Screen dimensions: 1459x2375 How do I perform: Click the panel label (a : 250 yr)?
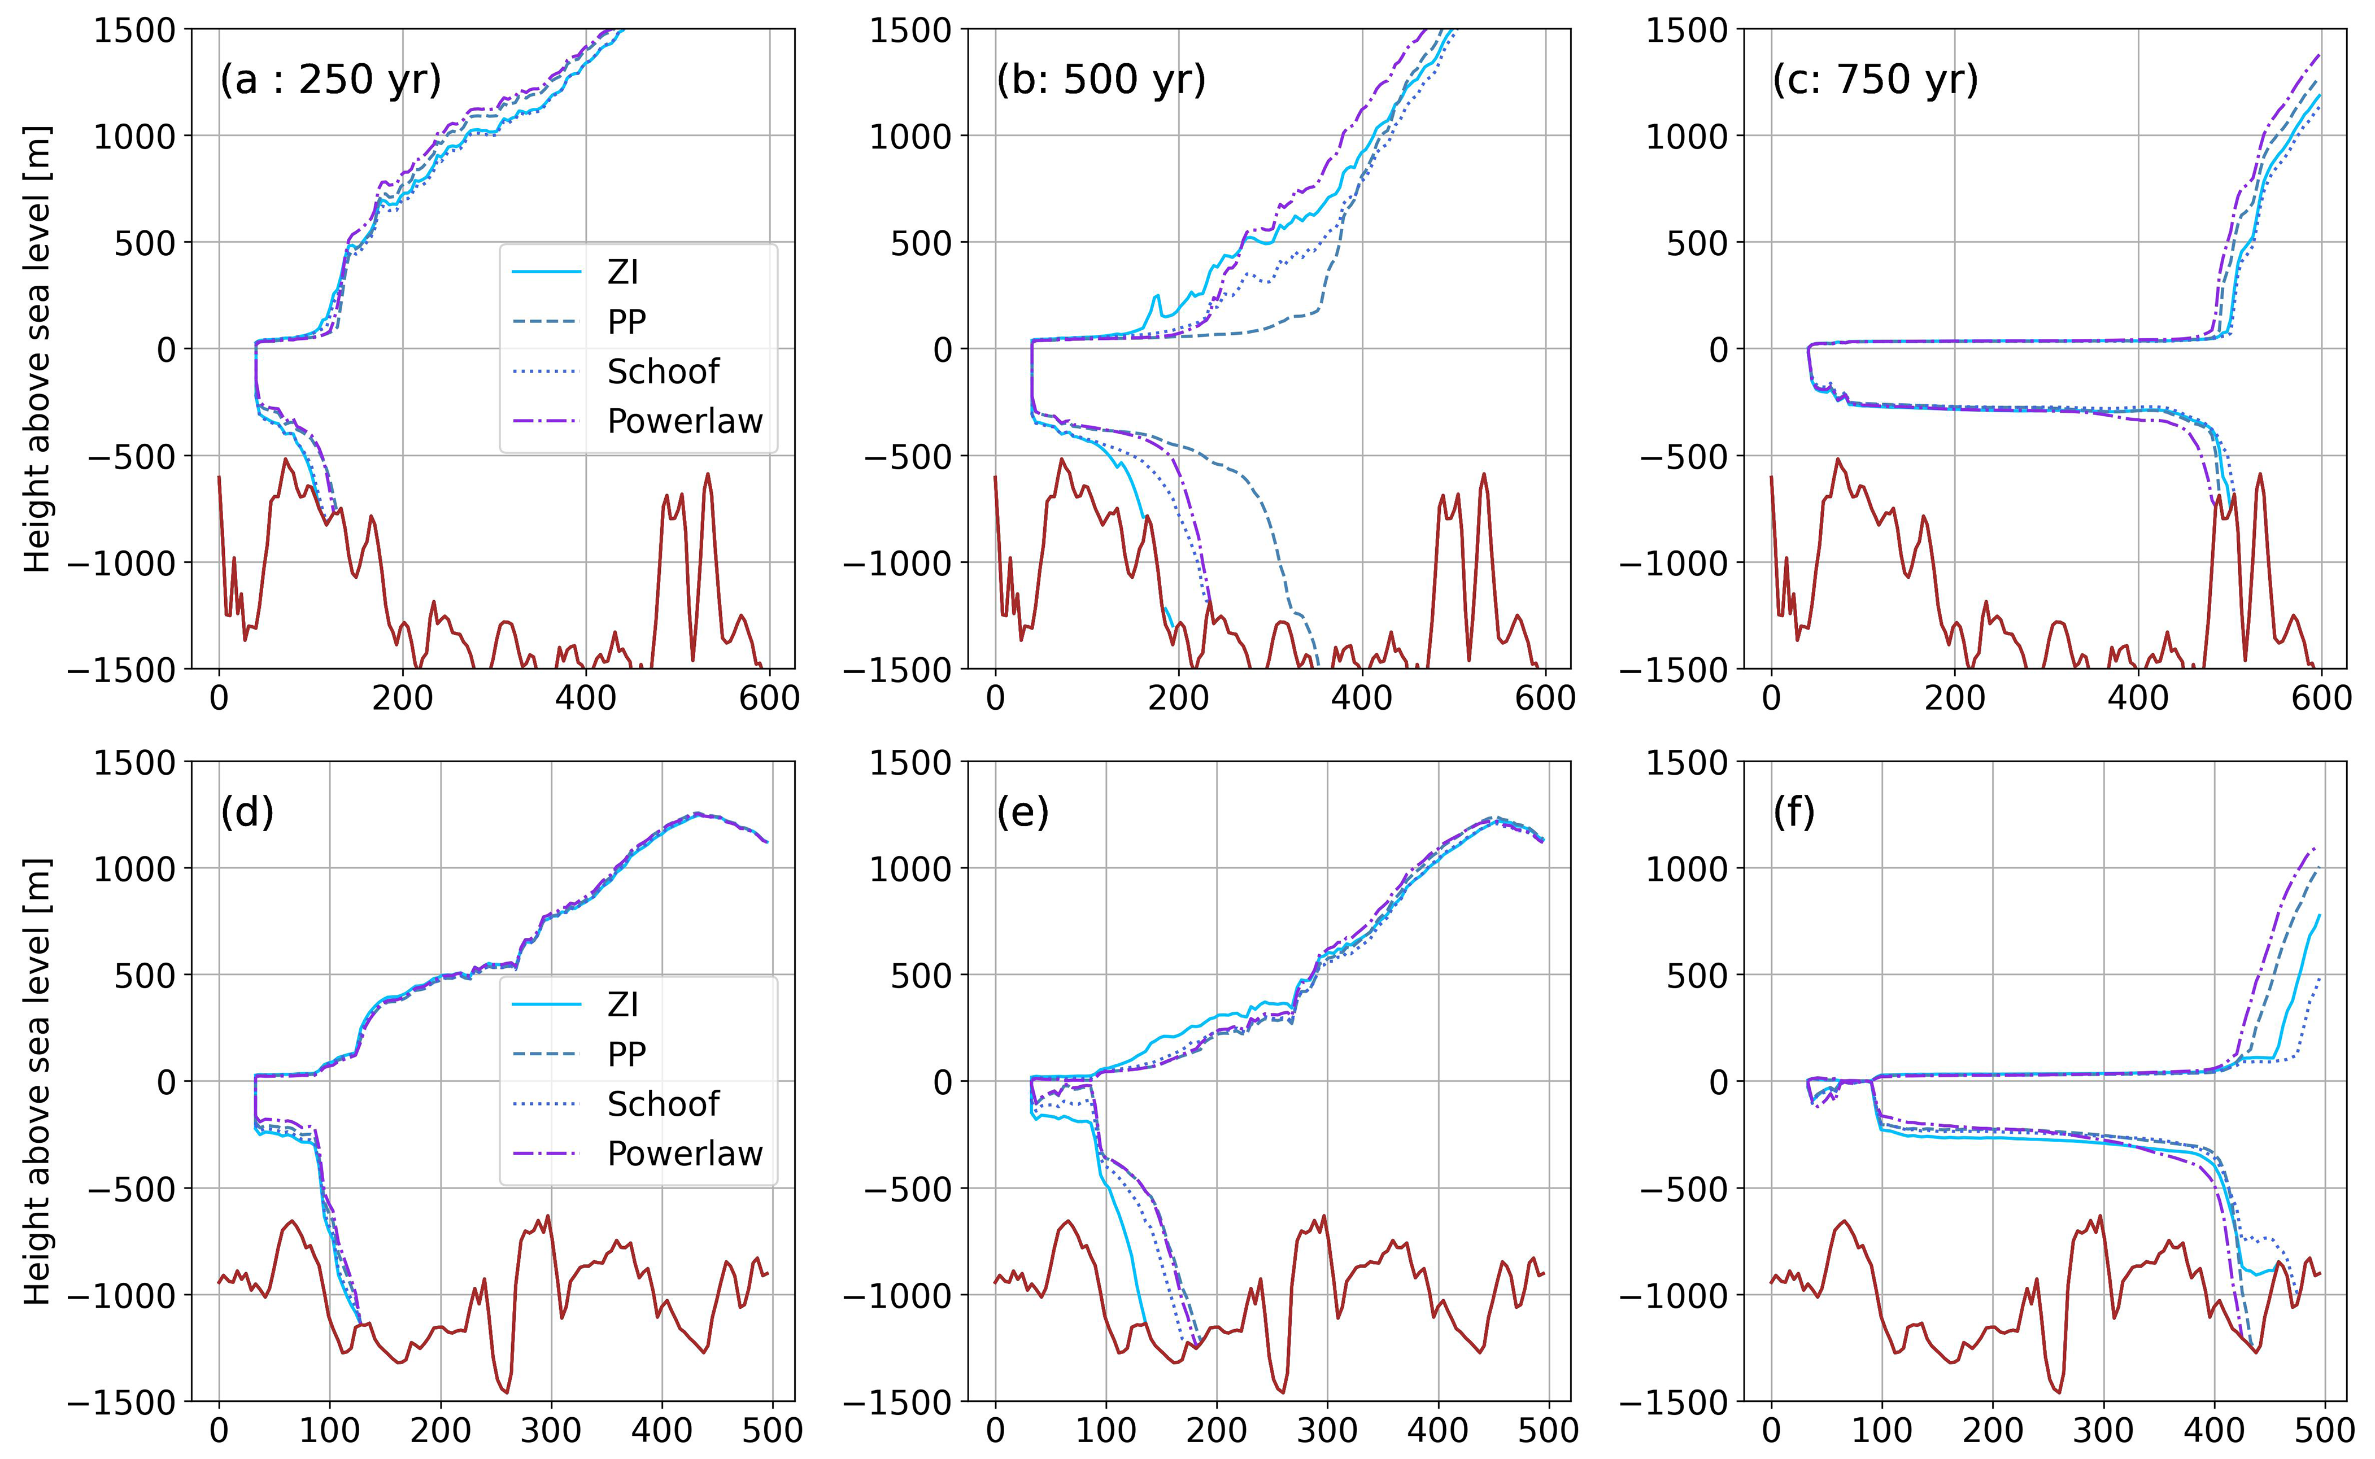tap(330, 79)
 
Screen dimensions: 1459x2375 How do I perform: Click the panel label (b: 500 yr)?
tap(1101, 79)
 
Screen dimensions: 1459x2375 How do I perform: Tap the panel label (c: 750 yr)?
tap(1875, 79)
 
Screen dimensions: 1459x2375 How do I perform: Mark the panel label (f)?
tap(1794, 813)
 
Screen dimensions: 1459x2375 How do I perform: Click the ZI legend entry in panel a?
tap(622, 273)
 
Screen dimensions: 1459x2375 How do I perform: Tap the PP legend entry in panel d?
tap(626, 1055)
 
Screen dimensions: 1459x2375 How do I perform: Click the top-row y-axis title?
tap(37, 350)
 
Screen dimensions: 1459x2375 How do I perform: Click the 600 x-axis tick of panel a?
tap(769, 697)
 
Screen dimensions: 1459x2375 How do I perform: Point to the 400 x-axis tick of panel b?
tap(1362, 697)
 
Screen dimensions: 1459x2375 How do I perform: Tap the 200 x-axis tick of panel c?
tap(1954, 697)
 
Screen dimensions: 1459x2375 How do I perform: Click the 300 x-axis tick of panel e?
tap(1327, 1429)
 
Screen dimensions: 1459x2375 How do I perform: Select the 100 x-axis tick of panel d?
tap(329, 1429)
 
